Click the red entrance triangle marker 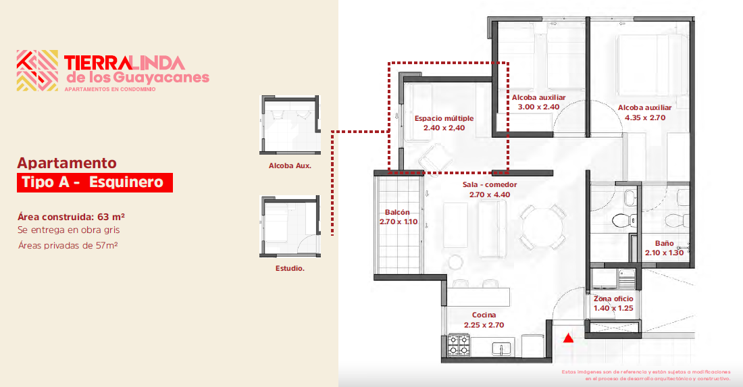point(568,338)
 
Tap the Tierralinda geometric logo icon point(37,71)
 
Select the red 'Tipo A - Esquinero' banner point(95,182)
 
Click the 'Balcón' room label point(397,212)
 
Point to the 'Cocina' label point(484,315)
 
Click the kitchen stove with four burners point(459,345)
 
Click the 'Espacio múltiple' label point(444,118)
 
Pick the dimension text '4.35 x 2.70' point(645,118)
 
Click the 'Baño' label point(665,243)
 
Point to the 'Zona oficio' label point(613,299)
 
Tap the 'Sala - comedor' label point(490,185)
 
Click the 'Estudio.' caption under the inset point(290,269)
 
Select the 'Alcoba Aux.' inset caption point(290,165)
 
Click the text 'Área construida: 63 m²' point(71,217)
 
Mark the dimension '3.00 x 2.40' point(538,107)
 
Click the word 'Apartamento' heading point(67,163)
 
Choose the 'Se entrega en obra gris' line point(69,230)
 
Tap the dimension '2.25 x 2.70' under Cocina point(484,325)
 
